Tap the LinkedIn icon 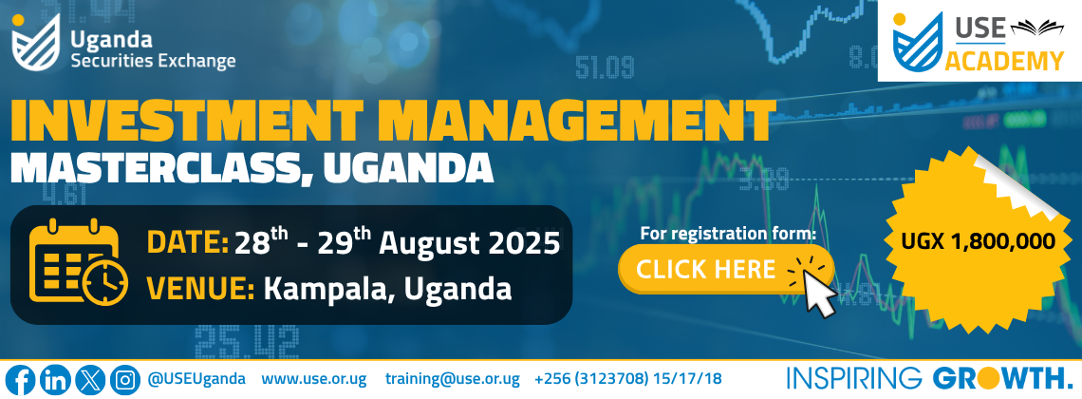(x=54, y=380)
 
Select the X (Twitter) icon (x=90, y=380)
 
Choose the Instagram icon (x=125, y=380)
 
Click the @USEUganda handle (x=196, y=379)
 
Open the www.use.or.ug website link (x=314, y=380)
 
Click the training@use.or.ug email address (x=452, y=380)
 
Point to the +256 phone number (x=628, y=379)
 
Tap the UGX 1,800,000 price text (x=978, y=241)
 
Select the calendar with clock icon (x=78, y=261)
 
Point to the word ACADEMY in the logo (x=1004, y=61)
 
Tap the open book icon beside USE (x=1037, y=28)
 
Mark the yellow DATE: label (x=188, y=243)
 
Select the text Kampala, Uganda (x=388, y=289)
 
